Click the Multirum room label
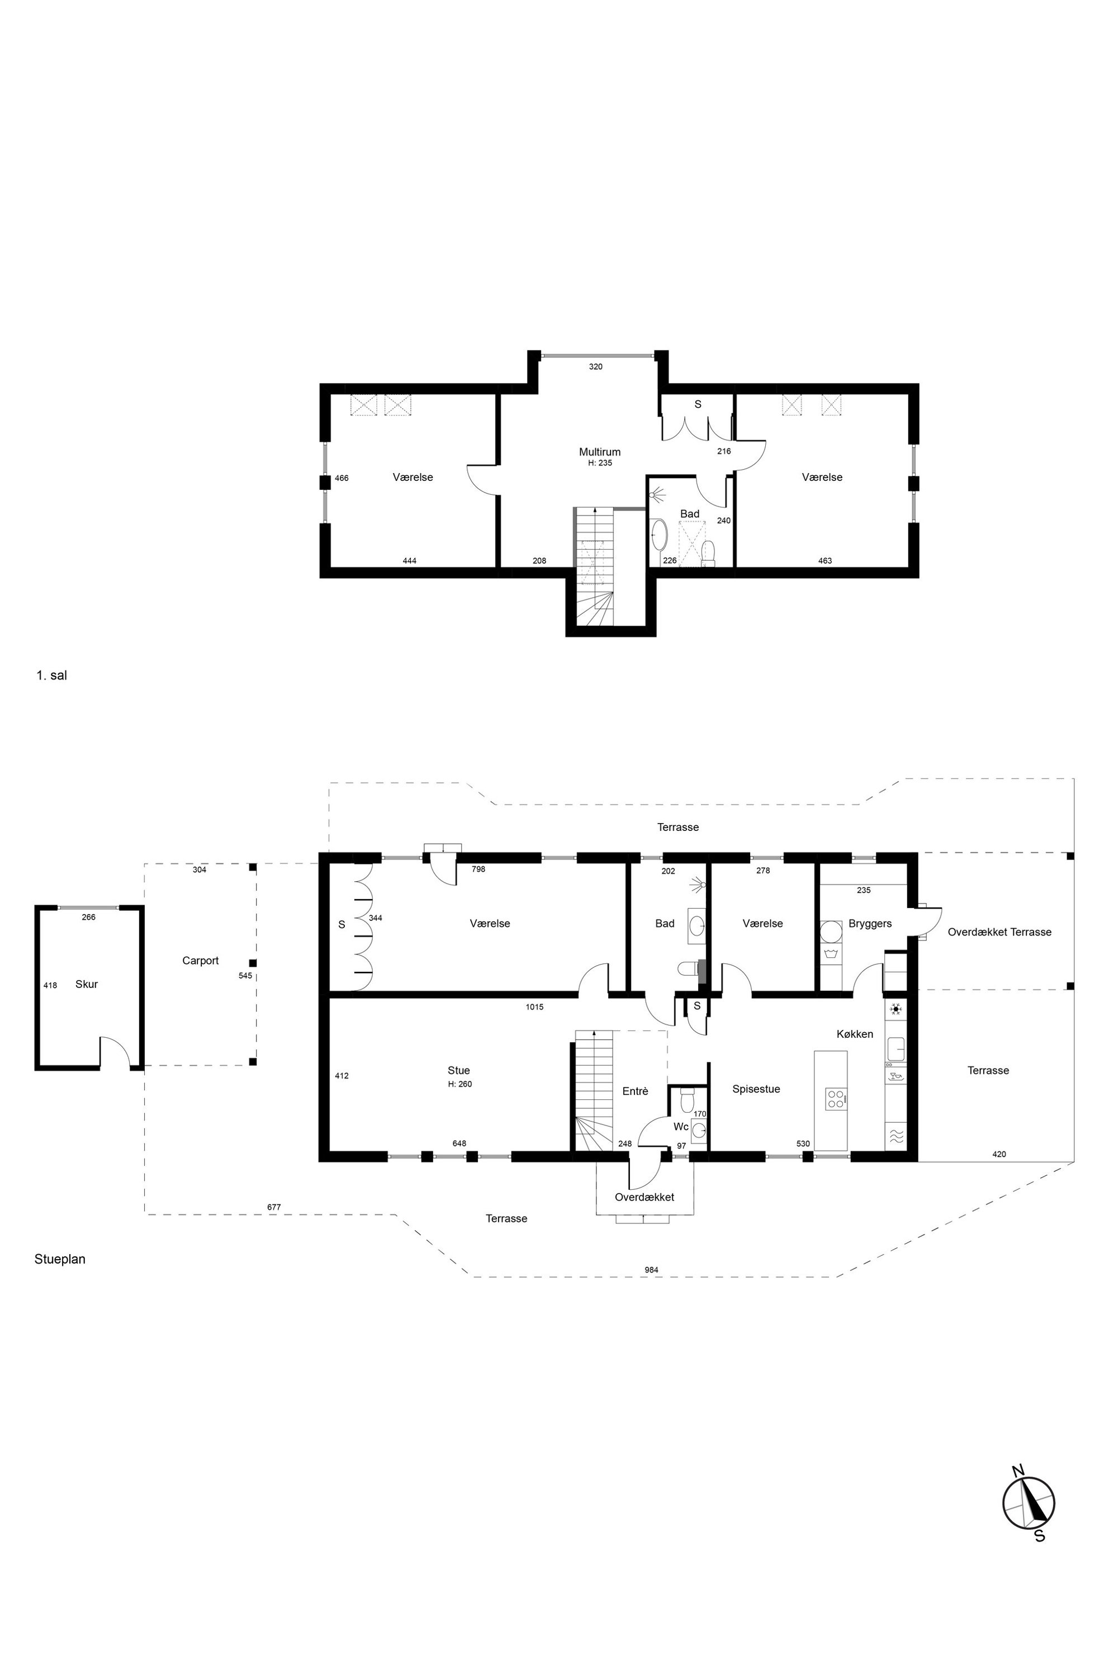tap(600, 452)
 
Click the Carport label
tap(200, 961)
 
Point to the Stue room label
tap(458, 1070)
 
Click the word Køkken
tap(854, 1034)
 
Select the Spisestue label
tap(756, 1089)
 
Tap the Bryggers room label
tap(870, 923)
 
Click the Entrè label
tap(635, 1091)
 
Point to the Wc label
tap(681, 1126)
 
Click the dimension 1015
tap(535, 1007)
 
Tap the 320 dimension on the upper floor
tap(595, 366)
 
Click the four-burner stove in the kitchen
tap(835, 1099)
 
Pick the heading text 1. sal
tap(51, 675)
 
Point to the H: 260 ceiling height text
tap(459, 1084)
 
